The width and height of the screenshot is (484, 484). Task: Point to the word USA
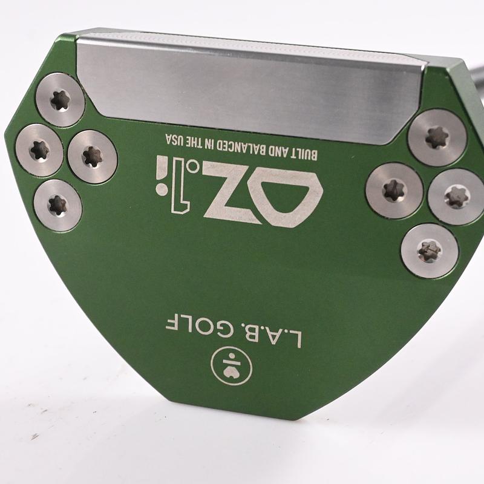[x=174, y=140]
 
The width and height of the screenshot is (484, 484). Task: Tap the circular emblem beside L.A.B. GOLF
[x=232, y=366]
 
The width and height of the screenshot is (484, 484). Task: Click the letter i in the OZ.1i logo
[x=161, y=175]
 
